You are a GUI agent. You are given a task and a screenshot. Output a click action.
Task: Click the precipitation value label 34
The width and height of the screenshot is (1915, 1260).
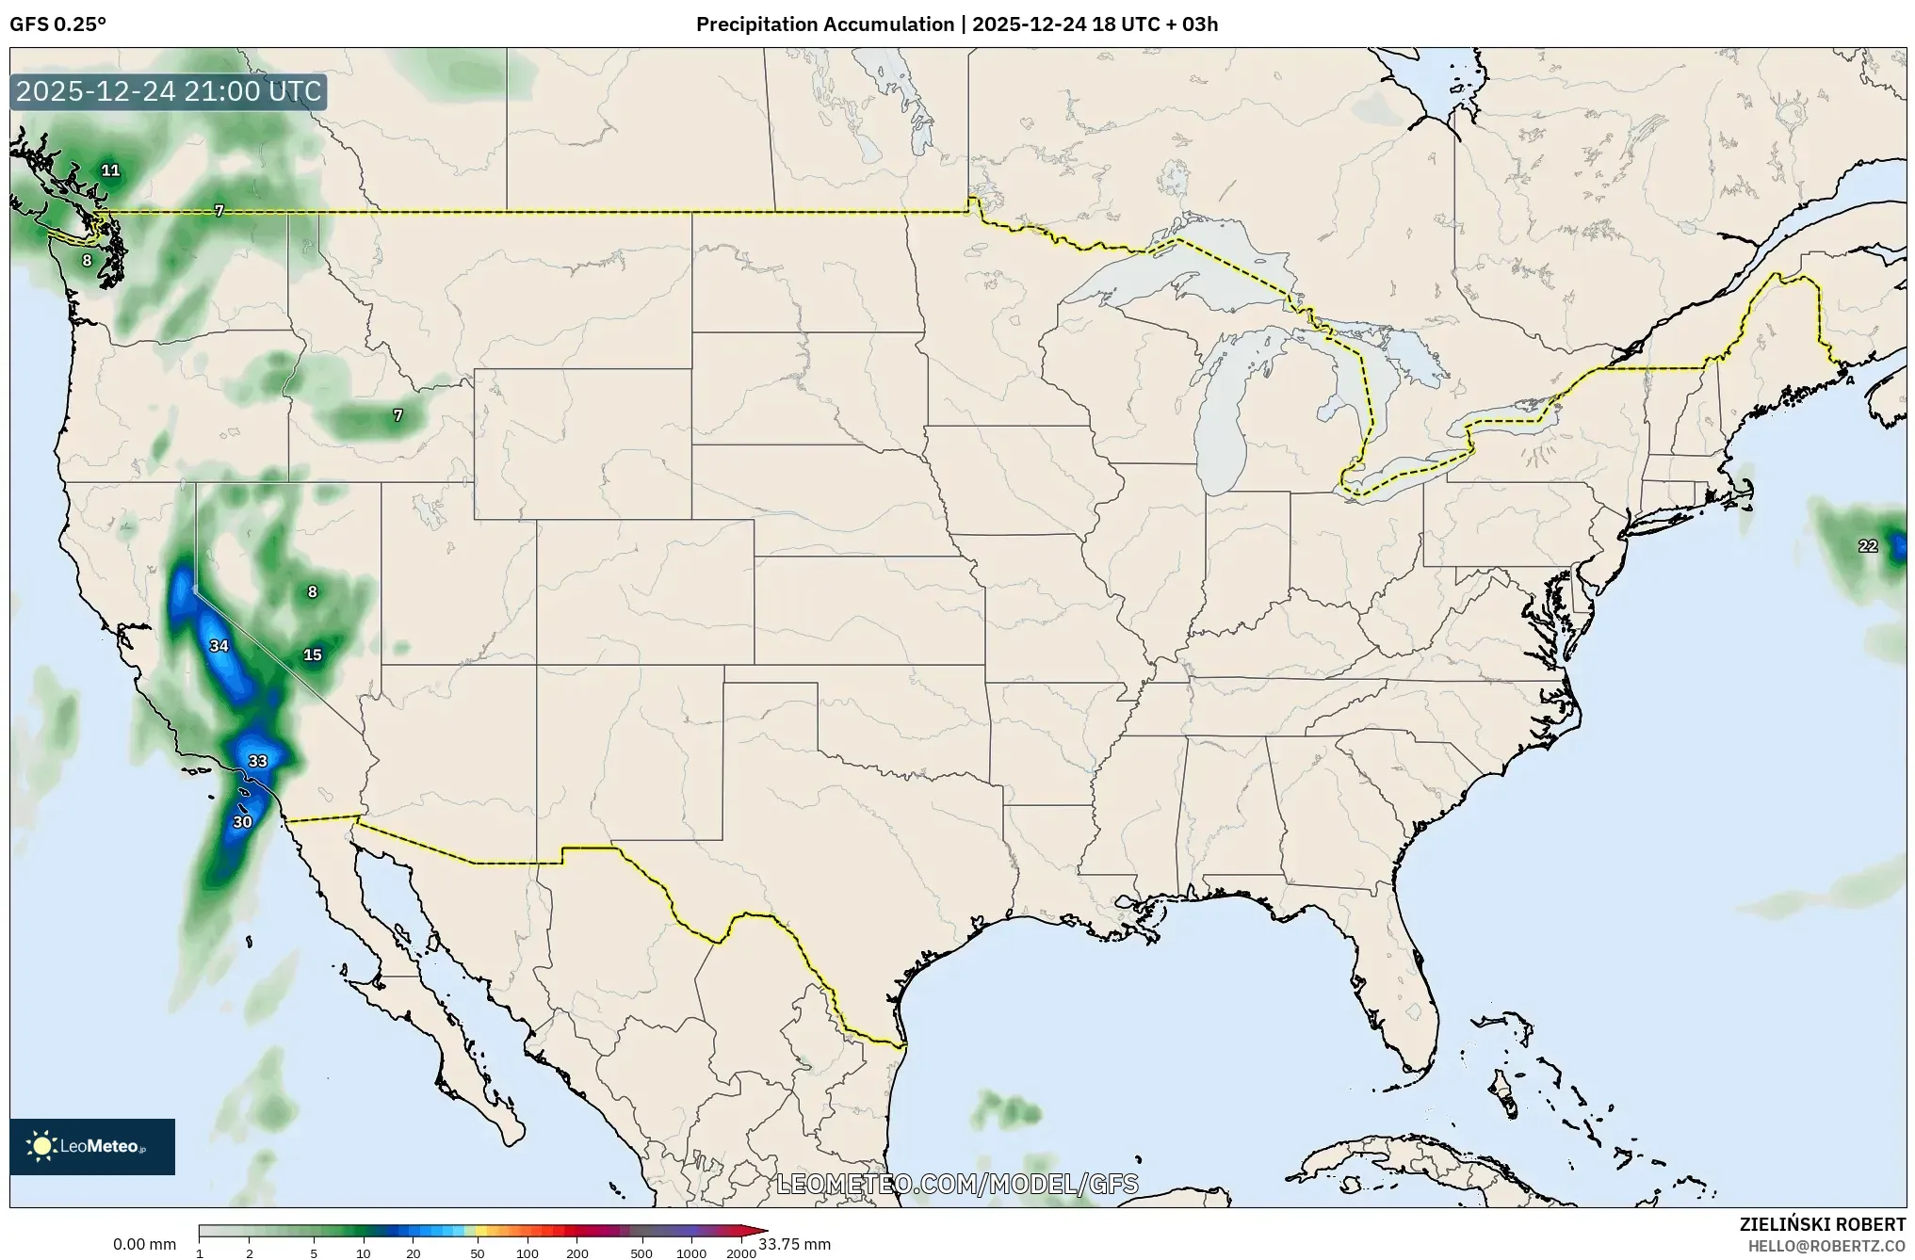(x=219, y=646)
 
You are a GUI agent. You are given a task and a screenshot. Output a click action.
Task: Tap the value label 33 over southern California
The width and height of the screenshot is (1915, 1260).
(x=257, y=761)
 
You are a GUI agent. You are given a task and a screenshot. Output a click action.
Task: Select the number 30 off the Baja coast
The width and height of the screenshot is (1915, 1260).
(x=242, y=822)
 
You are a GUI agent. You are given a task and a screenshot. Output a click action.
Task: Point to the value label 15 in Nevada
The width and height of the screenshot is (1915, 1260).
(x=312, y=655)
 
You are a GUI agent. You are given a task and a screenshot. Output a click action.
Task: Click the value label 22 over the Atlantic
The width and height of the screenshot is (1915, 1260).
(x=1867, y=546)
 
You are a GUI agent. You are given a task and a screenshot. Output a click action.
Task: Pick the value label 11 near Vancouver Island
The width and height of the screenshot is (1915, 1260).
(x=110, y=170)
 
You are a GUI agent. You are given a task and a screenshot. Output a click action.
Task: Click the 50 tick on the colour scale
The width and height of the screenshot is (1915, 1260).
(x=478, y=1253)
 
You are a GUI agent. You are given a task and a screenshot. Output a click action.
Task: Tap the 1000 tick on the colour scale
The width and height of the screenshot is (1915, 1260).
(x=691, y=1253)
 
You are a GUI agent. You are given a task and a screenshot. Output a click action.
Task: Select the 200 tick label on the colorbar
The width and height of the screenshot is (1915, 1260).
(x=577, y=1253)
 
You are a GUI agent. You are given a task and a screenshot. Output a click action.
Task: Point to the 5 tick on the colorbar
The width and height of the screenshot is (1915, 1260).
(x=314, y=1253)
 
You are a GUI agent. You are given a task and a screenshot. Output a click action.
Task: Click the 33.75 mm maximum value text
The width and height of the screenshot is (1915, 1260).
(x=794, y=1245)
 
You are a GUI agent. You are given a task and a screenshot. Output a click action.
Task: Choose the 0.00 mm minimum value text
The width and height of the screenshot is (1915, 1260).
(x=144, y=1245)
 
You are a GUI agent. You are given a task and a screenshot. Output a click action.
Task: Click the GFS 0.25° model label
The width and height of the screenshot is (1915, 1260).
(x=57, y=24)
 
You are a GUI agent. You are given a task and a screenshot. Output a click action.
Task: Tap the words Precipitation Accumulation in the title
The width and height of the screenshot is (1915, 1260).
(x=824, y=24)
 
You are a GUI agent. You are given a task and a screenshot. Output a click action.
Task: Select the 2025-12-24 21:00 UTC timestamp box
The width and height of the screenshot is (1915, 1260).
(x=169, y=92)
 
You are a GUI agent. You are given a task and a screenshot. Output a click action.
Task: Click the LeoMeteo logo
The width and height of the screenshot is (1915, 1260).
(x=92, y=1146)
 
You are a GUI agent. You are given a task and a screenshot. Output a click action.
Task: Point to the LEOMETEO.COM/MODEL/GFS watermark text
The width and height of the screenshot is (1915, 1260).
(x=957, y=1184)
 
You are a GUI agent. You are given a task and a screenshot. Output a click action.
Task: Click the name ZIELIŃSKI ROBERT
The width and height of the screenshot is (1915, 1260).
(x=1822, y=1224)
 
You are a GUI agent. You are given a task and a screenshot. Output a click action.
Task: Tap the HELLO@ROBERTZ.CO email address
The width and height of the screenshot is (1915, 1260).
(x=1826, y=1246)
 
